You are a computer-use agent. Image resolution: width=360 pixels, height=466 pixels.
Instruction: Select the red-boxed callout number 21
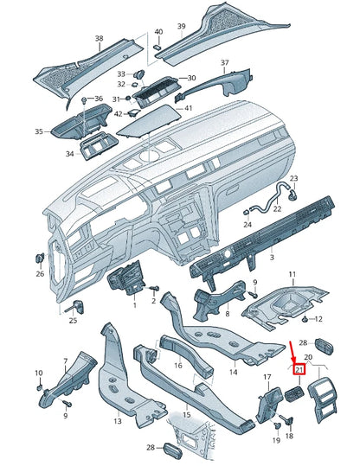[300, 370]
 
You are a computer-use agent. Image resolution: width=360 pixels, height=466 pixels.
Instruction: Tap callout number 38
[99, 38]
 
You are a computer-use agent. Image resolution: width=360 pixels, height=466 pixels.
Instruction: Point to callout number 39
[182, 26]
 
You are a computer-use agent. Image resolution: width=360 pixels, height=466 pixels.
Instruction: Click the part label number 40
[158, 32]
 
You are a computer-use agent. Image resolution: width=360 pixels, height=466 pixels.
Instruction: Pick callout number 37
[224, 63]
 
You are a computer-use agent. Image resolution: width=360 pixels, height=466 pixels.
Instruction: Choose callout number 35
[38, 131]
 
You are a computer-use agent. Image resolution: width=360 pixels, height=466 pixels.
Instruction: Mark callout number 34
[69, 154]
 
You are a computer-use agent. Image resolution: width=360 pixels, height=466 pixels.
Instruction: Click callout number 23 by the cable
[293, 179]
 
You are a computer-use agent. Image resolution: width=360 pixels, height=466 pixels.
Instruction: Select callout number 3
[271, 258]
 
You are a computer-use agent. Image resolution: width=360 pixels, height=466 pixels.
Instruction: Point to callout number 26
[39, 274]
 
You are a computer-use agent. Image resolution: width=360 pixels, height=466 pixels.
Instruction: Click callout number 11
[292, 274]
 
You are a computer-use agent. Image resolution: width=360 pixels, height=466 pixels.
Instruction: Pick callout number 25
[74, 321]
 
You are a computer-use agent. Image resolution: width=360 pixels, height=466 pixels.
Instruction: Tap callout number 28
[150, 447]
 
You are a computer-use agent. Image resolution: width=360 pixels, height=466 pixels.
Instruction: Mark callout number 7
[63, 360]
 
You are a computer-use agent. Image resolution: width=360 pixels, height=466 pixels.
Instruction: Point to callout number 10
[38, 373]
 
